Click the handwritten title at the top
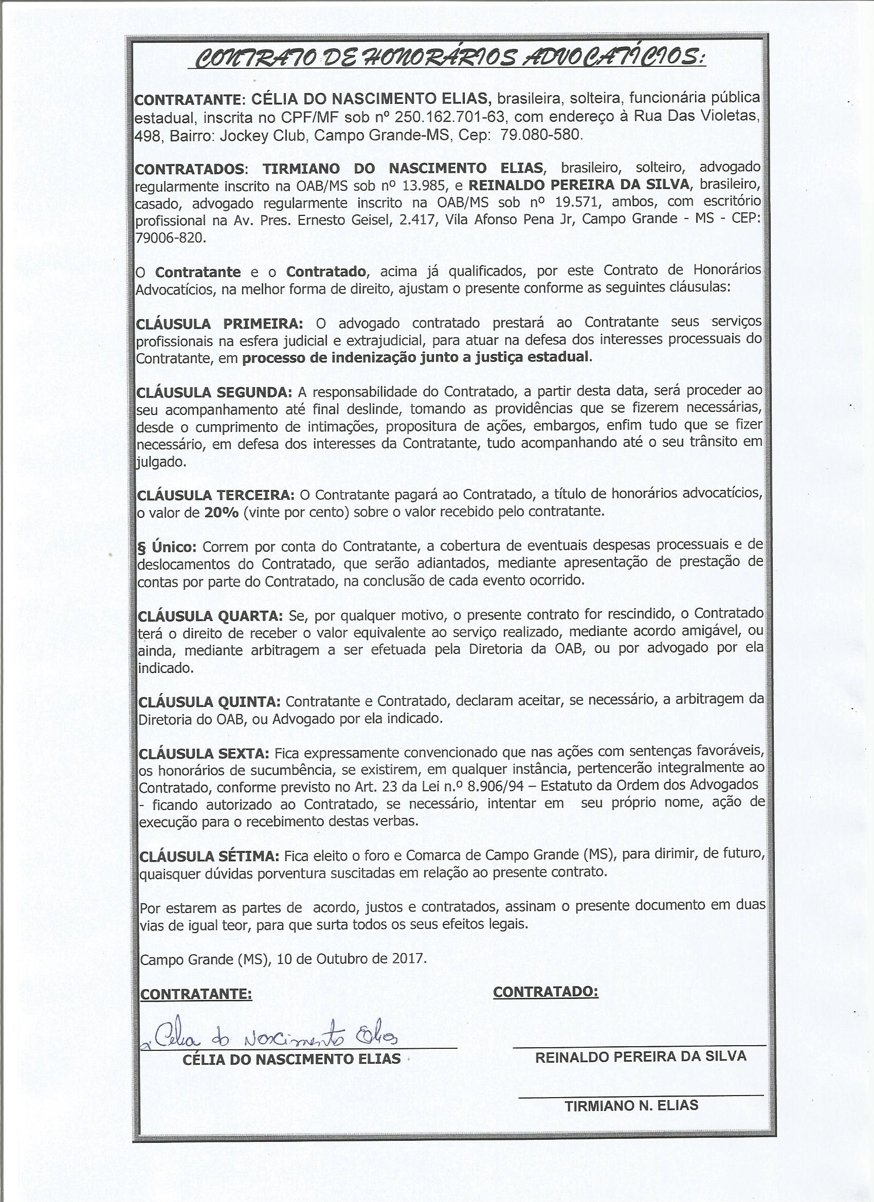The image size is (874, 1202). (447, 57)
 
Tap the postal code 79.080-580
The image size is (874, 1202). (541, 134)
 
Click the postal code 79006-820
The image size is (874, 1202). (169, 238)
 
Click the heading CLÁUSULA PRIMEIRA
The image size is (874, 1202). (220, 323)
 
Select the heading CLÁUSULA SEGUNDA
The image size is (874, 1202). (214, 393)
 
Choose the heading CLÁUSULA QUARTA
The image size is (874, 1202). (210, 616)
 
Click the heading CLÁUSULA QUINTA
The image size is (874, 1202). (209, 702)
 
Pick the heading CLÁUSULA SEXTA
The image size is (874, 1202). (204, 753)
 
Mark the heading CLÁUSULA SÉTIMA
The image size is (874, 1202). (209, 857)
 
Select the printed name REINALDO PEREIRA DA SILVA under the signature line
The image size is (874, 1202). (640, 1057)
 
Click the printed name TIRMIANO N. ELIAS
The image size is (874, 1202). (631, 1105)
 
